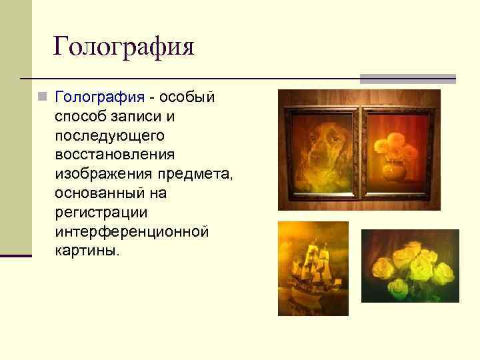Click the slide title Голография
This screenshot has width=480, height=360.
click(x=123, y=47)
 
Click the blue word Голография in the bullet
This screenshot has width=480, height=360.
click(x=99, y=97)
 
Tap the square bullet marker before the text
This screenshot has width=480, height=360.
click(x=42, y=97)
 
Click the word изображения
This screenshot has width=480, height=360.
click(x=97, y=174)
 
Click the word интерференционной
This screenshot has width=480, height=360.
click(x=132, y=232)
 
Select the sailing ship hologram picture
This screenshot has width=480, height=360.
click(x=313, y=268)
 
